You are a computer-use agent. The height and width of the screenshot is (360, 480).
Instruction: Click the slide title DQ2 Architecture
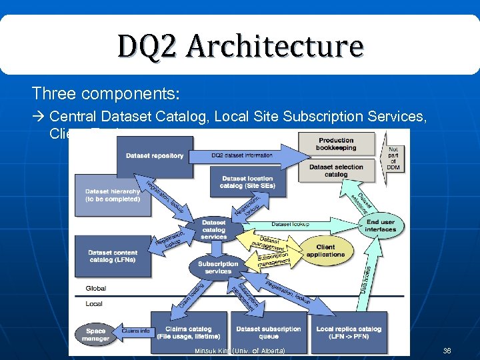point(240,46)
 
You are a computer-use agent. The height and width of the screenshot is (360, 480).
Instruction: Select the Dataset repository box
point(154,156)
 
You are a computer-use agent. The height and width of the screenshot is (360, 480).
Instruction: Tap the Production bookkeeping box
point(336,144)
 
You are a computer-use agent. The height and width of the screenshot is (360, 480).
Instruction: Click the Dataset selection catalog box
point(336,171)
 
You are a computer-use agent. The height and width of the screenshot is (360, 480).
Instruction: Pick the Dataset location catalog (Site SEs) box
point(247,182)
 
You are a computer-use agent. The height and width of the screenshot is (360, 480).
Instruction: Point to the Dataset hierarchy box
point(112,195)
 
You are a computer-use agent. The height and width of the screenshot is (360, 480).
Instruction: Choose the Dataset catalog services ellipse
point(213,229)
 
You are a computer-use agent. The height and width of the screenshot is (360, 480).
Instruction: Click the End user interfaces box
point(381,225)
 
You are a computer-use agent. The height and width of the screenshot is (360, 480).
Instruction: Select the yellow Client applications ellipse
point(326,251)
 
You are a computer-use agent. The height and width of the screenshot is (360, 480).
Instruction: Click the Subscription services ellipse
point(218,267)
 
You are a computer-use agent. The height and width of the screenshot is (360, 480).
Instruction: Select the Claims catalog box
point(188,332)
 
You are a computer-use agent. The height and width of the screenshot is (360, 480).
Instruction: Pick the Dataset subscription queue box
point(269,332)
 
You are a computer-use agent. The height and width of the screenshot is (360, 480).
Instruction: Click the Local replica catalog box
point(349,332)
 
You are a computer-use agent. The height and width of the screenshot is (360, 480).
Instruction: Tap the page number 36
point(446,351)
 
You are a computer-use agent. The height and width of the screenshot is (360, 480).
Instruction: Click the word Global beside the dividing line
point(95,289)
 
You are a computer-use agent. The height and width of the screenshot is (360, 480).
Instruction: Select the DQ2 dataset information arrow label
point(242,155)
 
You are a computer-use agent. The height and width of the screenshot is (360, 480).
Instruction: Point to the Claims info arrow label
point(135,331)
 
